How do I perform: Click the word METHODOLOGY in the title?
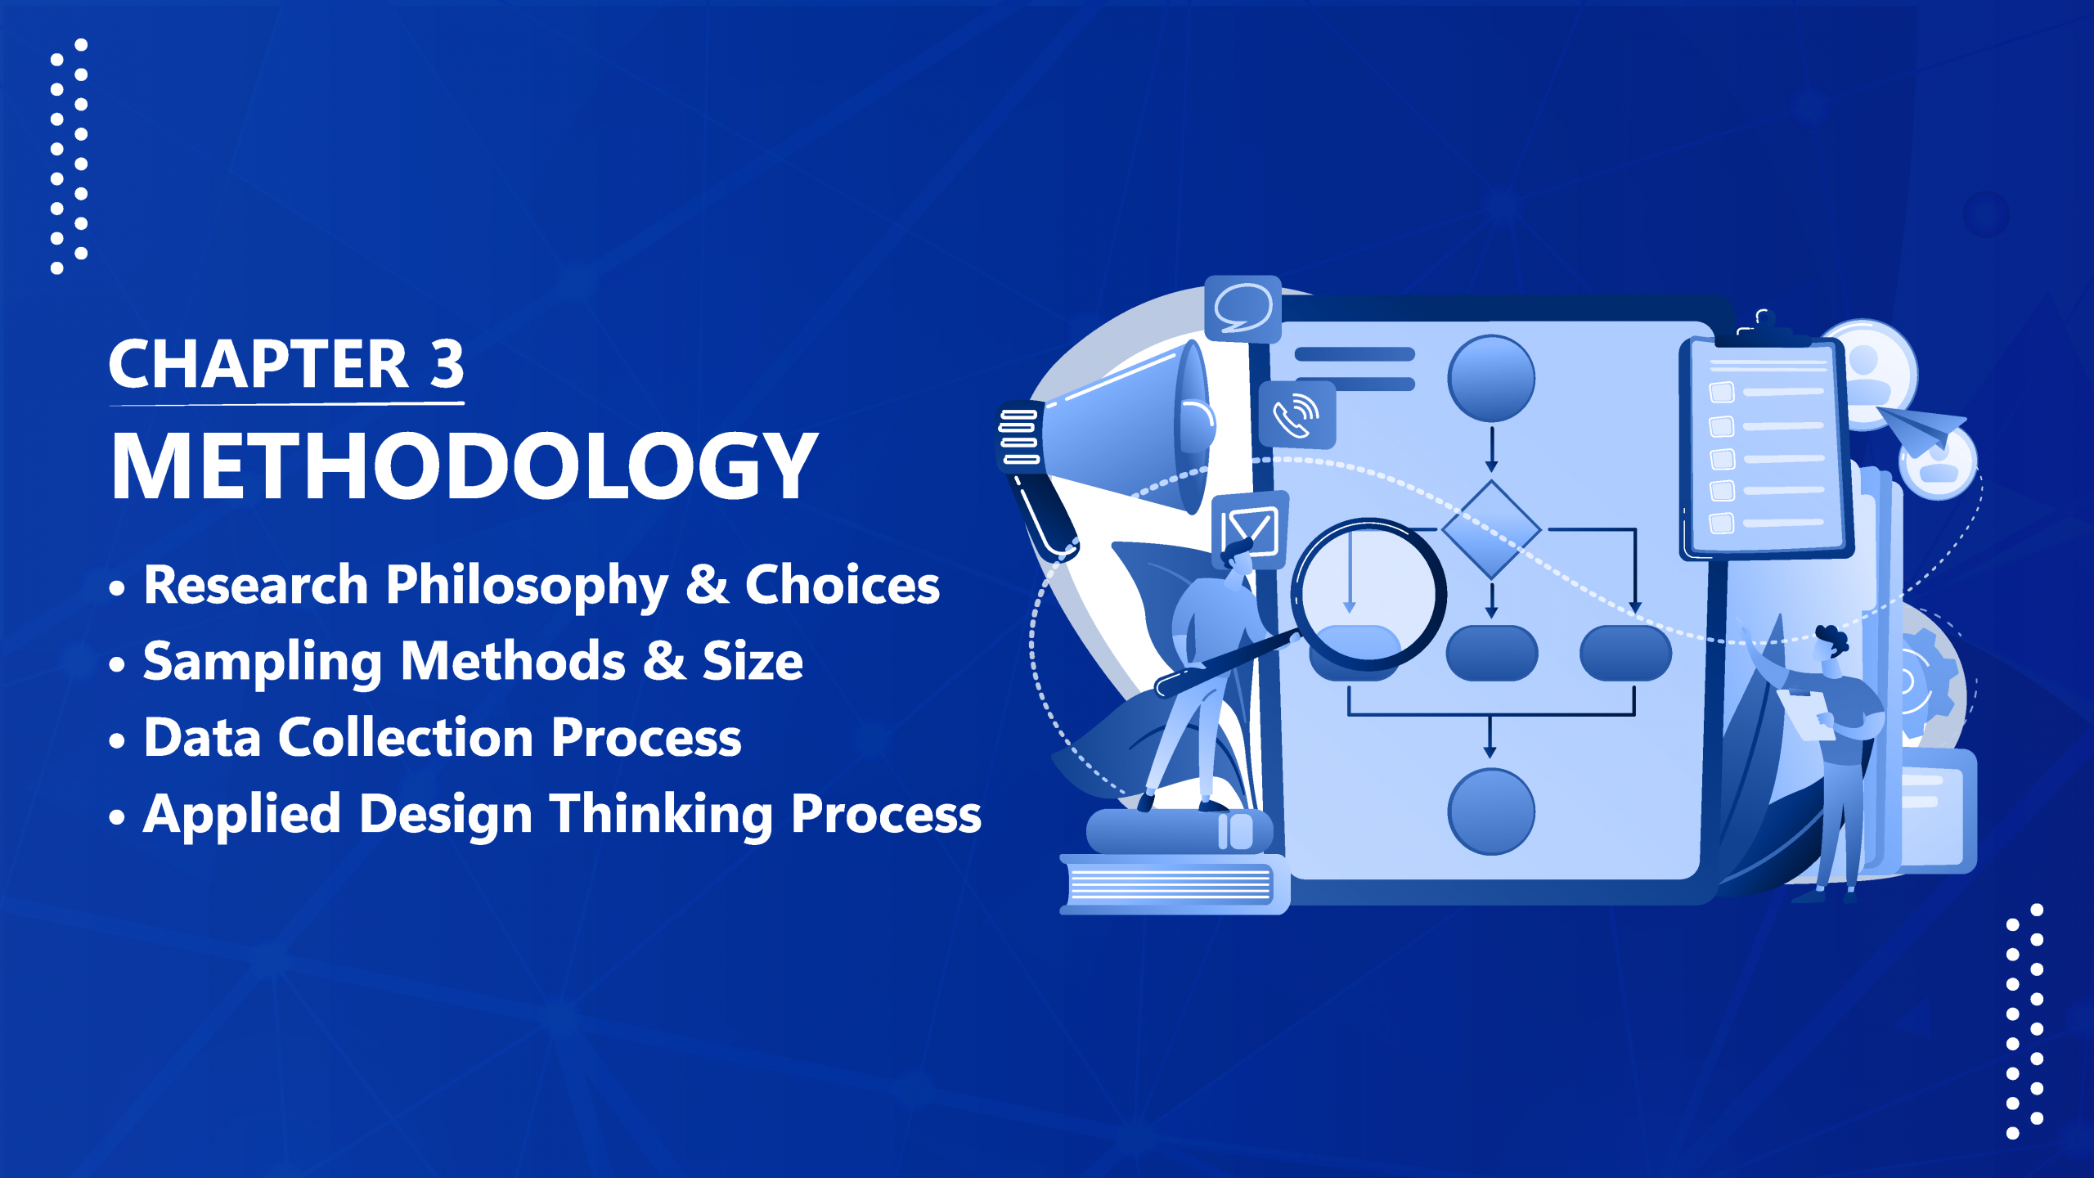point(465,465)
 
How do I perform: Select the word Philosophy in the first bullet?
point(527,587)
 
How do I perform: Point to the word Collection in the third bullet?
point(407,737)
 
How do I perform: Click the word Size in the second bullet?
point(753,661)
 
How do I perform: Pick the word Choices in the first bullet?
point(843,585)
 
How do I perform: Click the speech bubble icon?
point(1242,308)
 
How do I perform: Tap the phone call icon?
point(1297,415)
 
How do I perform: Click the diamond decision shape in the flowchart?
point(1491,530)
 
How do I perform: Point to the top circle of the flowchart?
point(1491,378)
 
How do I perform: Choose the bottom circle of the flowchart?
point(1491,812)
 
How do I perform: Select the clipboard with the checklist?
point(1764,446)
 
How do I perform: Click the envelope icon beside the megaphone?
point(1250,529)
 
